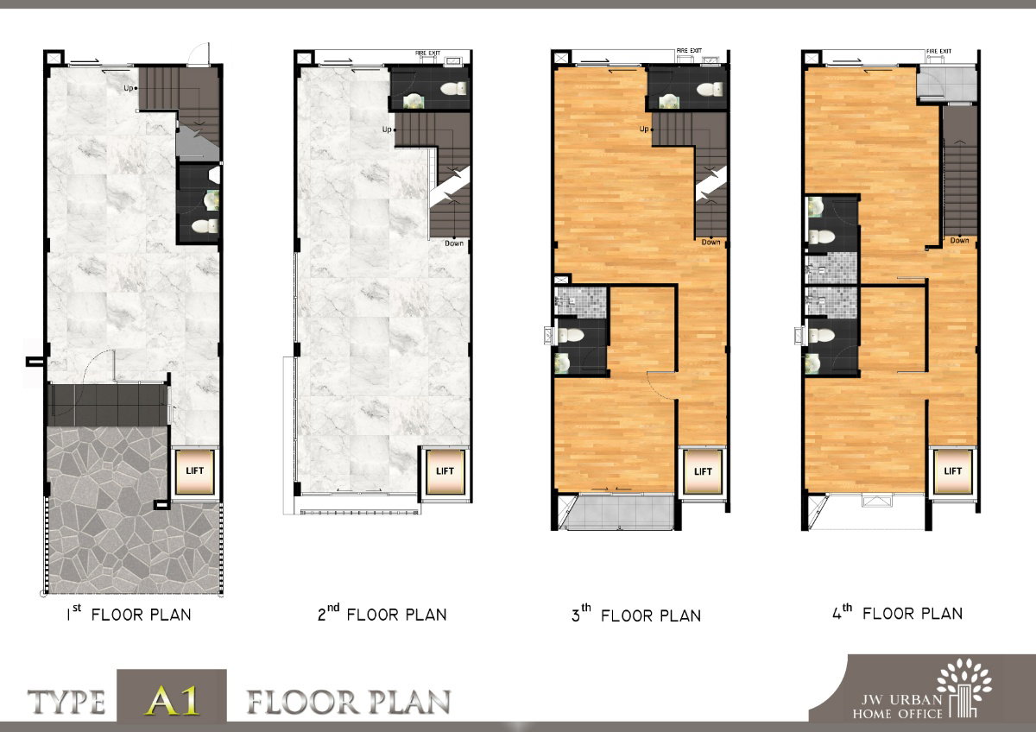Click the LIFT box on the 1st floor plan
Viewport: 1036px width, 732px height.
pos(195,471)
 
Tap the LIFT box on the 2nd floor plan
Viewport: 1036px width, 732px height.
pos(445,471)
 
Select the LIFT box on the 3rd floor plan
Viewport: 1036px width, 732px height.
pos(703,471)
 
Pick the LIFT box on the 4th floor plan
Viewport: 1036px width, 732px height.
pos(953,471)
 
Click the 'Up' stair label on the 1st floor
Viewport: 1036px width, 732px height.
pos(128,88)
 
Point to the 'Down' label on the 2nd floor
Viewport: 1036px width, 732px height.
pos(454,243)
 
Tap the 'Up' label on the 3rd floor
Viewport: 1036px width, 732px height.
pos(644,129)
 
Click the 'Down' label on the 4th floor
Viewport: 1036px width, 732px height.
pos(959,241)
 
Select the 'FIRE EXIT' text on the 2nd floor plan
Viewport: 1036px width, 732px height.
pos(428,54)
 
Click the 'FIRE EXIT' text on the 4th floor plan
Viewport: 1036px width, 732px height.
pos(939,51)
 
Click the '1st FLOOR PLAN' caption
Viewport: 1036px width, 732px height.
pos(129,613)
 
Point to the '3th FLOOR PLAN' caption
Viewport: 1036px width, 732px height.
pos(636,614)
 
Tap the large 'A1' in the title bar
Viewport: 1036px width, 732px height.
pos(172,700)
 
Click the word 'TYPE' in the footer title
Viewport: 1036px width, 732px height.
pos(66,702)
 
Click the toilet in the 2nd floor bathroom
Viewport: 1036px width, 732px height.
pos(453,88)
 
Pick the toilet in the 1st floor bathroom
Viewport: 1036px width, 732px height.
pos(205,226)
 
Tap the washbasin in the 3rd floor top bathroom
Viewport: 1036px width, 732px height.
pos(668,101)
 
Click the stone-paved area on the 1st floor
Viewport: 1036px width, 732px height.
pos(134,508)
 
